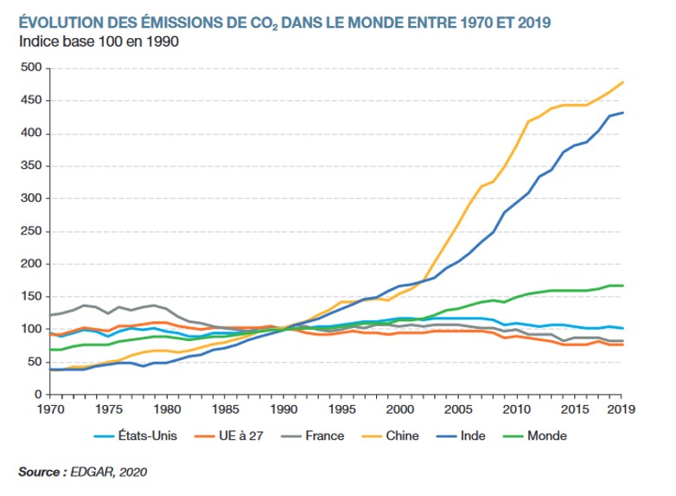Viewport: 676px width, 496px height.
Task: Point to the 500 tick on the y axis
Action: coord(30,68)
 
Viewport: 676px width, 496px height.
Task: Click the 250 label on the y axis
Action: coord(30,231)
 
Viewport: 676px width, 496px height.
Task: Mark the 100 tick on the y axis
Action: coord(30,329)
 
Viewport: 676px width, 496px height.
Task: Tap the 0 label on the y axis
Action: coord(37,395)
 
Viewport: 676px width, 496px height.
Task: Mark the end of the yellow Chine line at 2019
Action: coord(623,82)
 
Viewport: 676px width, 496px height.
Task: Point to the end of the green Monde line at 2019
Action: coord(623,286)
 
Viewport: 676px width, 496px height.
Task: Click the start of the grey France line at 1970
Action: coord(51,315)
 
